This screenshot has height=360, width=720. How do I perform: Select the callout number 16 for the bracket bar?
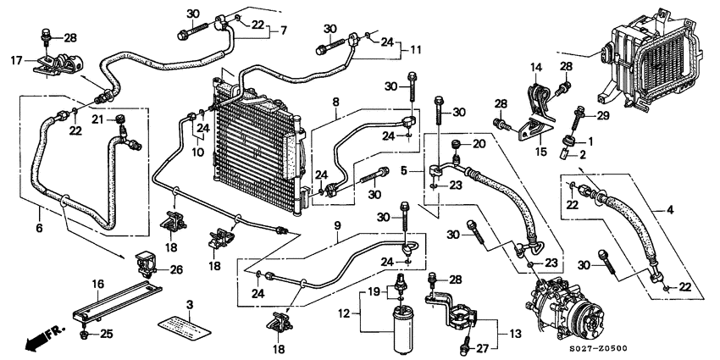coord(97,285)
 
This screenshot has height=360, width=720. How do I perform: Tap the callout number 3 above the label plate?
coord(189,304)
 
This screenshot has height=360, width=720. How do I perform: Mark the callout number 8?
coord(336,102)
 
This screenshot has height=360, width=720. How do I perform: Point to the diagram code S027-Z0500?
coord(673,348)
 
